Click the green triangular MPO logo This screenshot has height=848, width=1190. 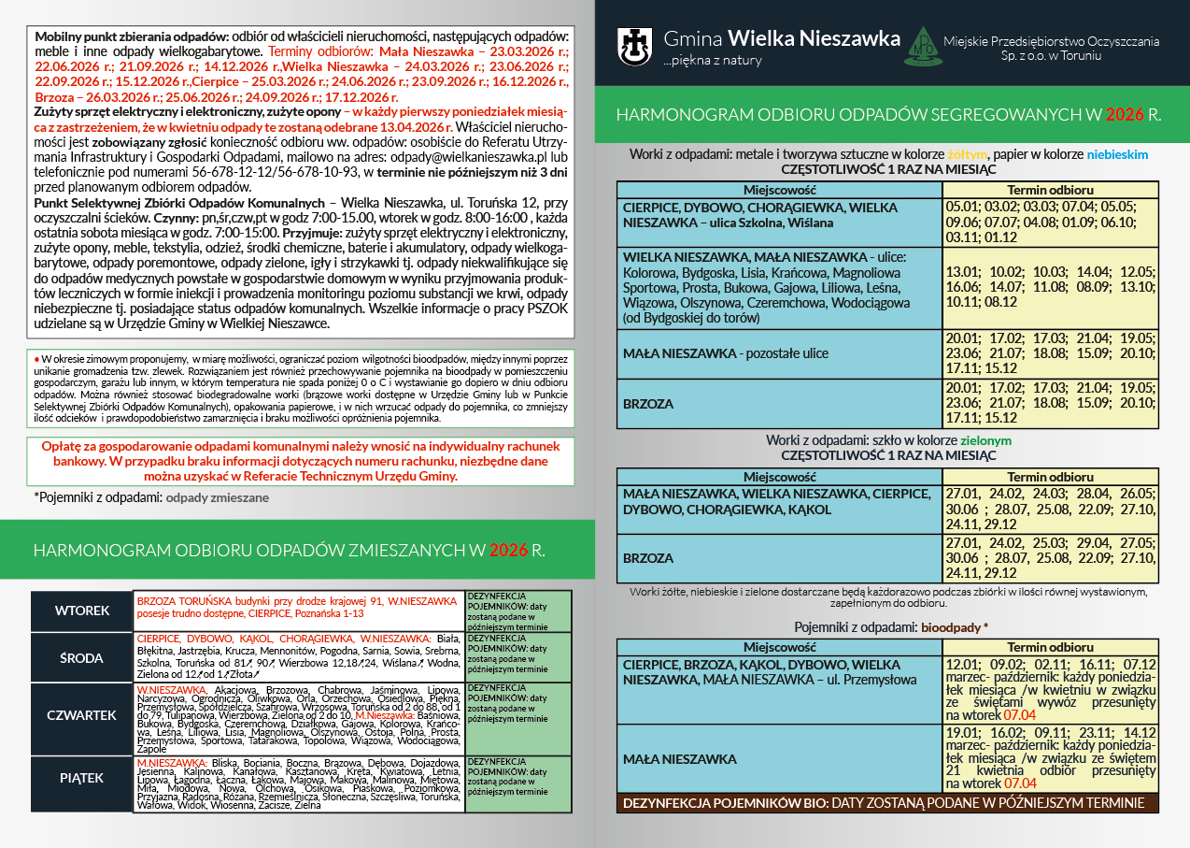920,47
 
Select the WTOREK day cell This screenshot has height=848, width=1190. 82,611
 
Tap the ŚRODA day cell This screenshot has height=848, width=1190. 82,657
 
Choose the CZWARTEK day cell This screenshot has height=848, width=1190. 82,715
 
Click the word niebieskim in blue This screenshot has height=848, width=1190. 1117,154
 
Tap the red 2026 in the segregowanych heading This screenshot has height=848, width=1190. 1125,115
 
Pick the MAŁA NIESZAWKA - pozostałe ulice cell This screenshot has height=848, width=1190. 778,353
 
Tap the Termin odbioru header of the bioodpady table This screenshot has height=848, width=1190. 1051,647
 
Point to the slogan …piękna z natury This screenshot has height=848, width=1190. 713,61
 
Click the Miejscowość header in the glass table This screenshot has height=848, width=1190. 778,477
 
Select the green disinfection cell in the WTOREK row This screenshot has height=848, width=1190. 517,611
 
